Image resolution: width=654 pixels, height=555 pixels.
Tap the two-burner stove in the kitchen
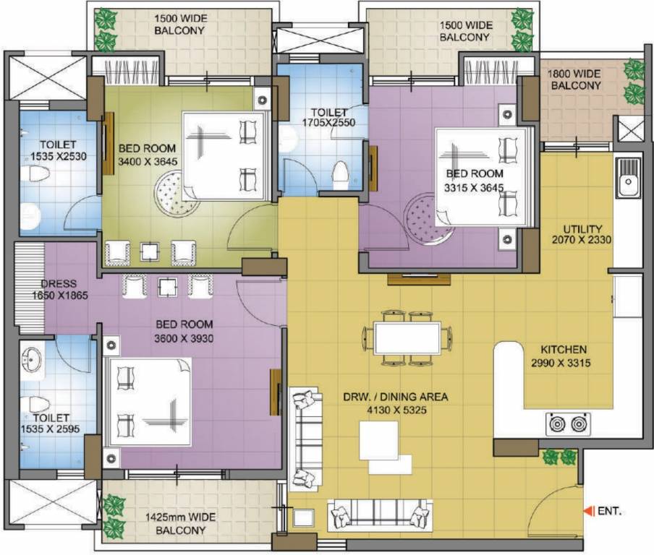point(568,424)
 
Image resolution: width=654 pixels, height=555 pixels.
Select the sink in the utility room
point(627,177)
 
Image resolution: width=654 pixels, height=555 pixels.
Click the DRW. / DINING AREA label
point(396,403)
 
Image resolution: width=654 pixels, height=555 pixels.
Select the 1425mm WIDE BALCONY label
point(180,523)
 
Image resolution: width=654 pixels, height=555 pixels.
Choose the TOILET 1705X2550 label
point(329,118)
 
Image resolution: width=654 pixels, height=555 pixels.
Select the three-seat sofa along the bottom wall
point(379,515)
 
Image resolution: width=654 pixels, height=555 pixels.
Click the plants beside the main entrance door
point(559,457)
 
